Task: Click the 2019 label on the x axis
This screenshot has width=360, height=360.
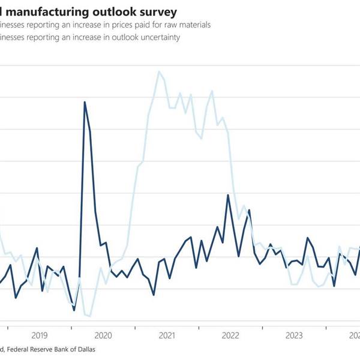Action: click(39, 336)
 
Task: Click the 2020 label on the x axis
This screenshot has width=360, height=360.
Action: click(103, 336)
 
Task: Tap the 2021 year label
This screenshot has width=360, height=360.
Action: click(167, 336)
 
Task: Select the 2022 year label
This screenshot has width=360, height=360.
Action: click(231, 336)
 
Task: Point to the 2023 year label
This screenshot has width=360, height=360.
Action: click(295, 336)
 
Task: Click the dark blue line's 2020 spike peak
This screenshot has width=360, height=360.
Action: click(85, 102)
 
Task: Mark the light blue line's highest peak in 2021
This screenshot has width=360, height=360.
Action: click(159, 71)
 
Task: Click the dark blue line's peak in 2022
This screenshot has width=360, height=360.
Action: click(228, 195)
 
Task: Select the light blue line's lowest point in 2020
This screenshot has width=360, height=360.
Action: click(90, 316)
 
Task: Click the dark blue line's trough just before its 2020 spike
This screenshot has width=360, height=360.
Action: click(74, 310)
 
